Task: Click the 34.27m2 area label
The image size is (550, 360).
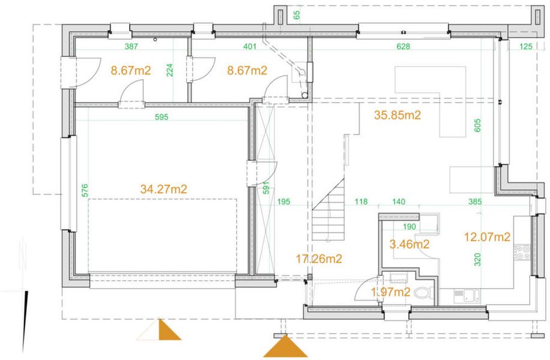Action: coord(163,189)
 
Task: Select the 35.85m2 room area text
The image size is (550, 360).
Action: coord(397,116)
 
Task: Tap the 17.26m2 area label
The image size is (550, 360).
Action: coord(319,259)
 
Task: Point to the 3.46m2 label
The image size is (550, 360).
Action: coord(409,244)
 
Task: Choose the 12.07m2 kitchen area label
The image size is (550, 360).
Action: coord(487,237)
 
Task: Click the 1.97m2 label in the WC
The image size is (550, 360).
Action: coord(390,292)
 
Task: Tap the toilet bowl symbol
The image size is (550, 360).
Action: coord(425,293)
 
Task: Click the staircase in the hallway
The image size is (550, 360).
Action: coord(328,220)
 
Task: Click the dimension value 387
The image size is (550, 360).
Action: coord(131,46)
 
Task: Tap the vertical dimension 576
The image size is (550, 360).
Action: coord(85,190)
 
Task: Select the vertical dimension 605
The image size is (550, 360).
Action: coord(478,125)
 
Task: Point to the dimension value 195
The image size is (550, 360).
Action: coord(283,202)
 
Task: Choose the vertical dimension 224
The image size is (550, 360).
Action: coord(169,71)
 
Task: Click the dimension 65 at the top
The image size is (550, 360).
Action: coord(297,14)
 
